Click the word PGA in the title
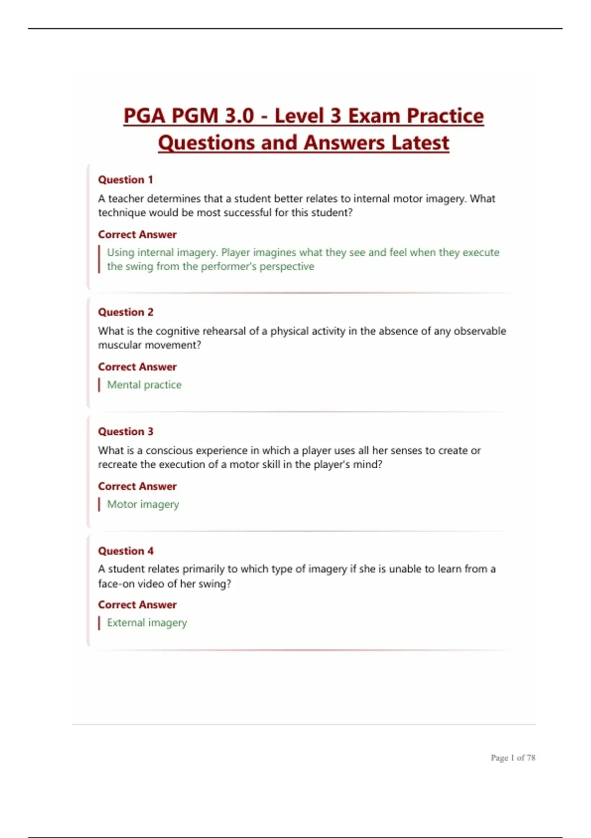pos(143,116)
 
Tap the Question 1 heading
pos(125,180)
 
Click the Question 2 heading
pos(126,312)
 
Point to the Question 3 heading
pos(126,431)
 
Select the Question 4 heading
pos(126,551)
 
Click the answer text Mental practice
pos(144,384)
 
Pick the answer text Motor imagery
pos(143,504)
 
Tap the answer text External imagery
pos(147,623)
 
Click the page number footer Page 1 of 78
pos(513,758)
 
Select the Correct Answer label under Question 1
pos(137,235)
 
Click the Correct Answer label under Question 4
pos(137,605)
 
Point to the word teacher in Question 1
pos(126,199)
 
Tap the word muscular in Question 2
pos(119,345)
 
